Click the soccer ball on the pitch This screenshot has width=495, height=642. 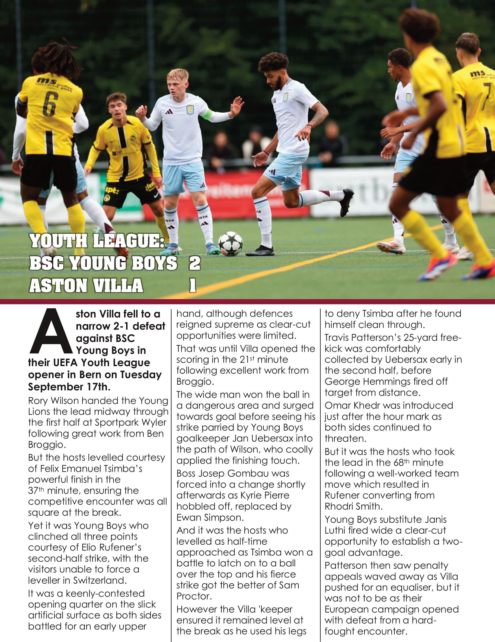pyautogui.click(x=230, y=243)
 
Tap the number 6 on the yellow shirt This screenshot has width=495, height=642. pyautogui.click(x=49, y=105)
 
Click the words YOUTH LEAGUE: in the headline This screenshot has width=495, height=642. pyautogui.click(x=97, y=242)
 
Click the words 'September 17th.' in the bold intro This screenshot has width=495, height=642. pyautogui.click(x=69, y=387)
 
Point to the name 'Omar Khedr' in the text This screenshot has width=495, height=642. pyautogui.click(x=353, y=405)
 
